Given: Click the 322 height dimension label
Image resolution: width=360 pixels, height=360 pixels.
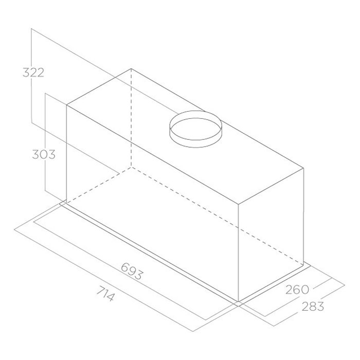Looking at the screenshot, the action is coord(33,73).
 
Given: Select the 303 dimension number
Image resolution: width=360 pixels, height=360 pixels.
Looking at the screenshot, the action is coord(44,154).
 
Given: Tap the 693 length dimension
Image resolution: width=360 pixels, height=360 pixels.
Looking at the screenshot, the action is coord(132,271).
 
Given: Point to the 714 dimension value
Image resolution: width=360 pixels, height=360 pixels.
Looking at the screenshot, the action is coord(105,293).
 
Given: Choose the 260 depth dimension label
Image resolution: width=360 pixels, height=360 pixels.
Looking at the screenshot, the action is coord(297,290).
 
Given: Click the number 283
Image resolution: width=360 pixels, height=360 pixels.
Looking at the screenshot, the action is coord(313,306).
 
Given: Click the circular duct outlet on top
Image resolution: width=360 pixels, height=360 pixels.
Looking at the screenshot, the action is coord(195,129).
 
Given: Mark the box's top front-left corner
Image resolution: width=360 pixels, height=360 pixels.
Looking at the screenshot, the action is coord(66,105).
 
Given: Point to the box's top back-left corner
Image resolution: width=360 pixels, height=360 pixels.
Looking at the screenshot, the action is coord(131,68).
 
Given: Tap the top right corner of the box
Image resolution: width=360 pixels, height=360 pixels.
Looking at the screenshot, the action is coord(304,168).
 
